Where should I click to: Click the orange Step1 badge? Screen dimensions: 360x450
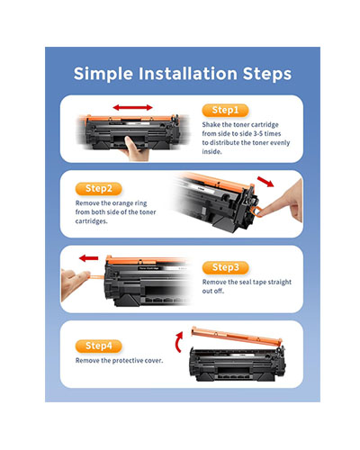225,110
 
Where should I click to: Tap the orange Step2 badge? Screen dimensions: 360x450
98,189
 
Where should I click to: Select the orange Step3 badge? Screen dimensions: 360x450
226,267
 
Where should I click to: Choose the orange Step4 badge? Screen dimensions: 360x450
98,346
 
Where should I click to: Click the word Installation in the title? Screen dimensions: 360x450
188,74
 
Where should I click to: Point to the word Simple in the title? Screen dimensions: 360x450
103,74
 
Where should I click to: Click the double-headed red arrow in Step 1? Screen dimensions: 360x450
133,107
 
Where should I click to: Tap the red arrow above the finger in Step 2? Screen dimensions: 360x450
265,182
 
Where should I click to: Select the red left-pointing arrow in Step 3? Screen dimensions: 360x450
89,258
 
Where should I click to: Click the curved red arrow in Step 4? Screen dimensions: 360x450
178,342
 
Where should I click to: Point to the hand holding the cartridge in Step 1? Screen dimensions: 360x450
136,148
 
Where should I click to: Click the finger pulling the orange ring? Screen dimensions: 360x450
282,201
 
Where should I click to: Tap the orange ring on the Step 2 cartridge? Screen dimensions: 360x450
254,211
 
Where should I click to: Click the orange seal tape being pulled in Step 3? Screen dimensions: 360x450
96,275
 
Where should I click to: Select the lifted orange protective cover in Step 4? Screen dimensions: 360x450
237,336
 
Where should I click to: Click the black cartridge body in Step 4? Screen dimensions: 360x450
237,364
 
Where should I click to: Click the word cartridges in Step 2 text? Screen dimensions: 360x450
91,221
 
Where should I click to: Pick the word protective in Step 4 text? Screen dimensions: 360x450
128,361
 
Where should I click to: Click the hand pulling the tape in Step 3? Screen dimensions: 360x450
75,283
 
